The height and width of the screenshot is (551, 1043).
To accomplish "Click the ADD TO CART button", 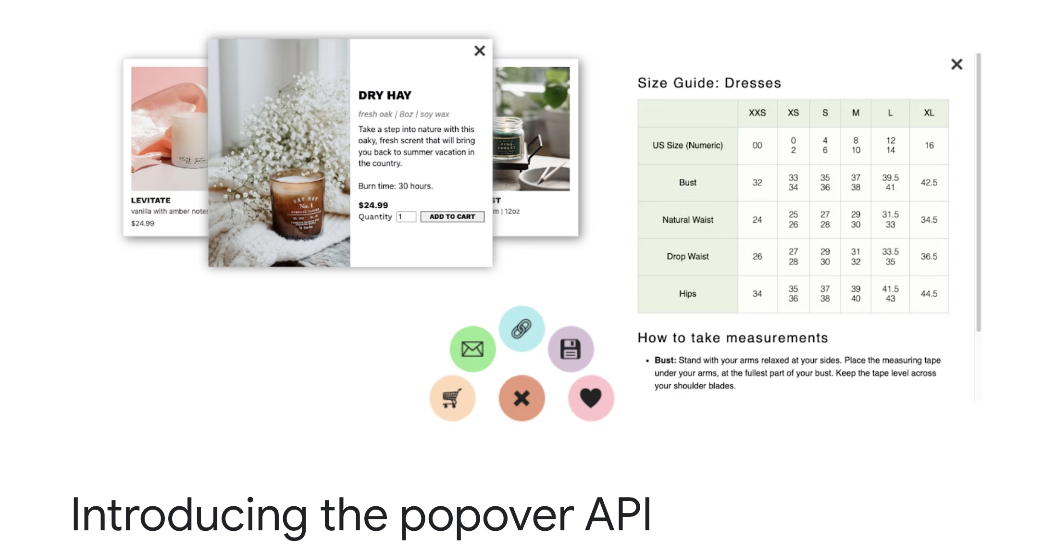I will [x=452, y=217].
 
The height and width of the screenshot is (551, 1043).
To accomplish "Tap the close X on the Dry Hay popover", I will [x=479, y=51].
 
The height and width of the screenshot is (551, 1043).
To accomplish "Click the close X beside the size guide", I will [x=956, y=64].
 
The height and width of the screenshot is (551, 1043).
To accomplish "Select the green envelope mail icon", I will [x=472, y=349].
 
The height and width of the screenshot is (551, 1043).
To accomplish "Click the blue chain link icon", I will [x=521, y=329].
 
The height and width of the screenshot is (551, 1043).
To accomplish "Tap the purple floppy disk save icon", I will [x=571, y=349].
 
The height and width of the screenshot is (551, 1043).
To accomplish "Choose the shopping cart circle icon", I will [x=452, y=398].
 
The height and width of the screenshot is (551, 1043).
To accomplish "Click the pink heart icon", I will [x=591, y=398].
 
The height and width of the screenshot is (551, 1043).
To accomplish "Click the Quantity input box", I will [x=406, y=217].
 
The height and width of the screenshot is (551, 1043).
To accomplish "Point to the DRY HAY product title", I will [x=385, y=95].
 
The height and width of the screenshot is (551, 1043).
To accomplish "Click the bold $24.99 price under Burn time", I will [x=373, y=205].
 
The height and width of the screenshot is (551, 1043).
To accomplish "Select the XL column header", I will [x=929, y=113].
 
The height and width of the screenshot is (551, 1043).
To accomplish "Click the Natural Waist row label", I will [x=687, y=220].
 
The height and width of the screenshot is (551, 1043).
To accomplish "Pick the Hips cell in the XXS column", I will [x=757, y=294].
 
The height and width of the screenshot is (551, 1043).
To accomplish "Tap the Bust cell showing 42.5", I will [x=929, y=183].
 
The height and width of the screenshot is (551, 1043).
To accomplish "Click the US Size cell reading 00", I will [x=757, y=146].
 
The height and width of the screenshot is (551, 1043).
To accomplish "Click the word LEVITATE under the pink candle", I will [x=150, y=200].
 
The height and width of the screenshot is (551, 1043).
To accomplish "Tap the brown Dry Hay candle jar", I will [x=297, y=207].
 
